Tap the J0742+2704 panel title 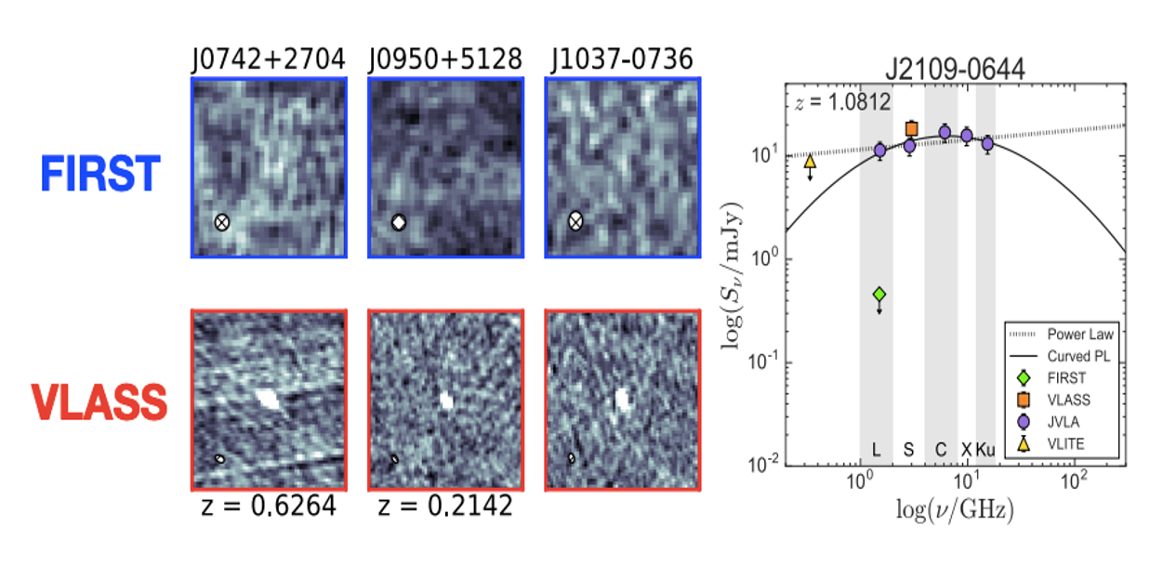(x=268, y=59)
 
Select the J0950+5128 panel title (x=445, y=59)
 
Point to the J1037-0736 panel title (x=622, y=59)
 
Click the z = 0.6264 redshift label (x=268, y=507)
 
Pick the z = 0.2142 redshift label (x=445, y=507)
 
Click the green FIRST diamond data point (x=879, y=295)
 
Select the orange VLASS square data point (x=911, y=129)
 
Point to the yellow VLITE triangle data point (x=810, y=162)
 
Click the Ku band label (x=985, y=450)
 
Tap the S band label (x=908, y=450)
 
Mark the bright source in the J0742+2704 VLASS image (x=268, y=399)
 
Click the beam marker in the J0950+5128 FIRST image (x=399, y=222)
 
